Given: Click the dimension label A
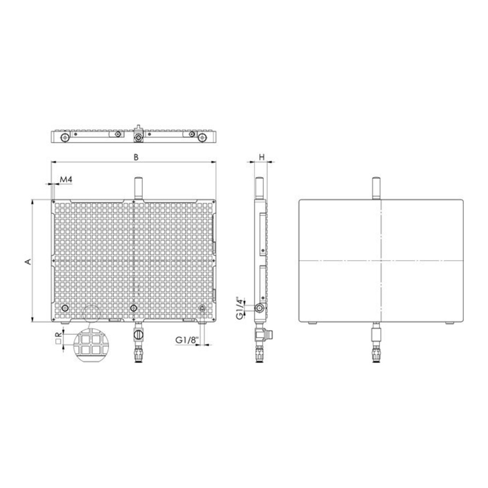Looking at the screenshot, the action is click(x=28, y=261).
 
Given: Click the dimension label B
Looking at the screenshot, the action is click(x=136, y=157).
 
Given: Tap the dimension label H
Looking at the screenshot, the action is click(x=262, y=157).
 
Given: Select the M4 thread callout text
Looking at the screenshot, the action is click(x=66, y=180).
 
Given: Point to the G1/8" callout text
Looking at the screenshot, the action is click(x=186, y=340).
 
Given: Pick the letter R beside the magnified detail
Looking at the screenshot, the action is click(x=58, y=335).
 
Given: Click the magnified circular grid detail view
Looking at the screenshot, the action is click(x=92, y=345).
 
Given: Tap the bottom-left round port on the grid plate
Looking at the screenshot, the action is click(x=65, y=308).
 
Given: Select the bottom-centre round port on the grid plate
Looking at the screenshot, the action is click(x=134, y=308).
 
